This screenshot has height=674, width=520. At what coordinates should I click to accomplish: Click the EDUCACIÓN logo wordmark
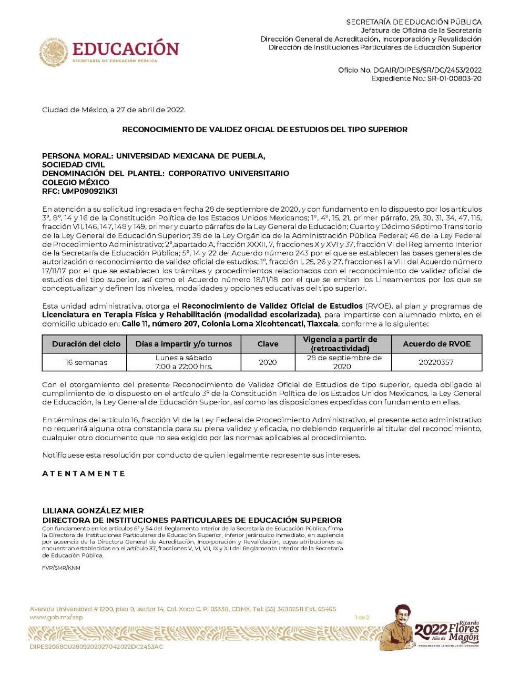tap(126, 49)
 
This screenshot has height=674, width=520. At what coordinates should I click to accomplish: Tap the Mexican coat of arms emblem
tap(54, 52)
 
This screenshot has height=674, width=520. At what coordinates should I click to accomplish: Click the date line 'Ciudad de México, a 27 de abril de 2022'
tap(114, 110)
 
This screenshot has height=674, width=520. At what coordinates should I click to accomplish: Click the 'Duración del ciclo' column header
tap(86, 344)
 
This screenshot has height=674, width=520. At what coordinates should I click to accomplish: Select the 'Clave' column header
tap(268, 344)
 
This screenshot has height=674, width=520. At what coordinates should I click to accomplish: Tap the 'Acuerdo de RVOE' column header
tap(436, 344)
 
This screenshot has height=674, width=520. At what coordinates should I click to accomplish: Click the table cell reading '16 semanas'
tap(86, 362)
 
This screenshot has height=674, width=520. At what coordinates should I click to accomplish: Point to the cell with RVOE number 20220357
tap(436, 362)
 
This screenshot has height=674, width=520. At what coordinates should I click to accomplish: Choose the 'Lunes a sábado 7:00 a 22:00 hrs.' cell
tap(183, 362)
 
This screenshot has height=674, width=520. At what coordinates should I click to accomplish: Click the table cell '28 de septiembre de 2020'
tap(344, 362)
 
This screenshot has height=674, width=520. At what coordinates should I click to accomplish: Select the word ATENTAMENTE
tap(84, 473)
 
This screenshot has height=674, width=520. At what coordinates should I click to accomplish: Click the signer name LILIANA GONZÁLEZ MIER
tap(93, 511)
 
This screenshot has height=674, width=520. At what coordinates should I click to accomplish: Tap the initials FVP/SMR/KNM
tap(61, 568)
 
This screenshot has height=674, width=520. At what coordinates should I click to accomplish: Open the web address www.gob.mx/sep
tap(56, 617)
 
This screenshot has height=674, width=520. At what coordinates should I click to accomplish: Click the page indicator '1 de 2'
tap(362, 618)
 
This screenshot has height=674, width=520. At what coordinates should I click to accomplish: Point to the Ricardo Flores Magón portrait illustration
tap(399, 627)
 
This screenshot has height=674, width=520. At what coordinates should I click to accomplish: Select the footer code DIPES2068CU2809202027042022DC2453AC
tap(96, 647)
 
